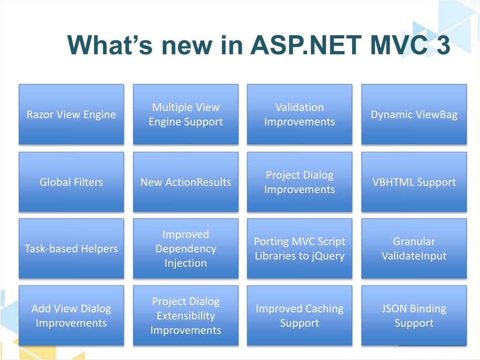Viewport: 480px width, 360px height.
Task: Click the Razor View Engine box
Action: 71,114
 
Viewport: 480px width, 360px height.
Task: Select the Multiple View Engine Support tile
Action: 186,114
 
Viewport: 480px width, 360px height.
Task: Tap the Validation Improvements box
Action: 300,114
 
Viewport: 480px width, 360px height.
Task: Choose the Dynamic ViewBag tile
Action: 414,114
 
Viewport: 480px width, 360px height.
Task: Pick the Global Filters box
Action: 71,182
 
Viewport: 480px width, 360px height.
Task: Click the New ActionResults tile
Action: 186,182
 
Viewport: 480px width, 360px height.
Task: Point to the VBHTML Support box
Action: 414,182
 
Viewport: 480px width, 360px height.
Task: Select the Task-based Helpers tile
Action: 71,248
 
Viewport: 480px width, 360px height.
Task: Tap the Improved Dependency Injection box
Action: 186,248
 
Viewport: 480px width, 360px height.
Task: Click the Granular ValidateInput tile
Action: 414,248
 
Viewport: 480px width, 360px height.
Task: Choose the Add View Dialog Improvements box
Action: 71,315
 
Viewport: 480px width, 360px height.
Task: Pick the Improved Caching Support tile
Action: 300,315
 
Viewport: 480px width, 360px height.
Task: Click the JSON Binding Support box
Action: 414,315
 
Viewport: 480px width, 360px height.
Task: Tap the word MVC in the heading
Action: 399,45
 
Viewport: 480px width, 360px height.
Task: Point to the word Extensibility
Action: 186,315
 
